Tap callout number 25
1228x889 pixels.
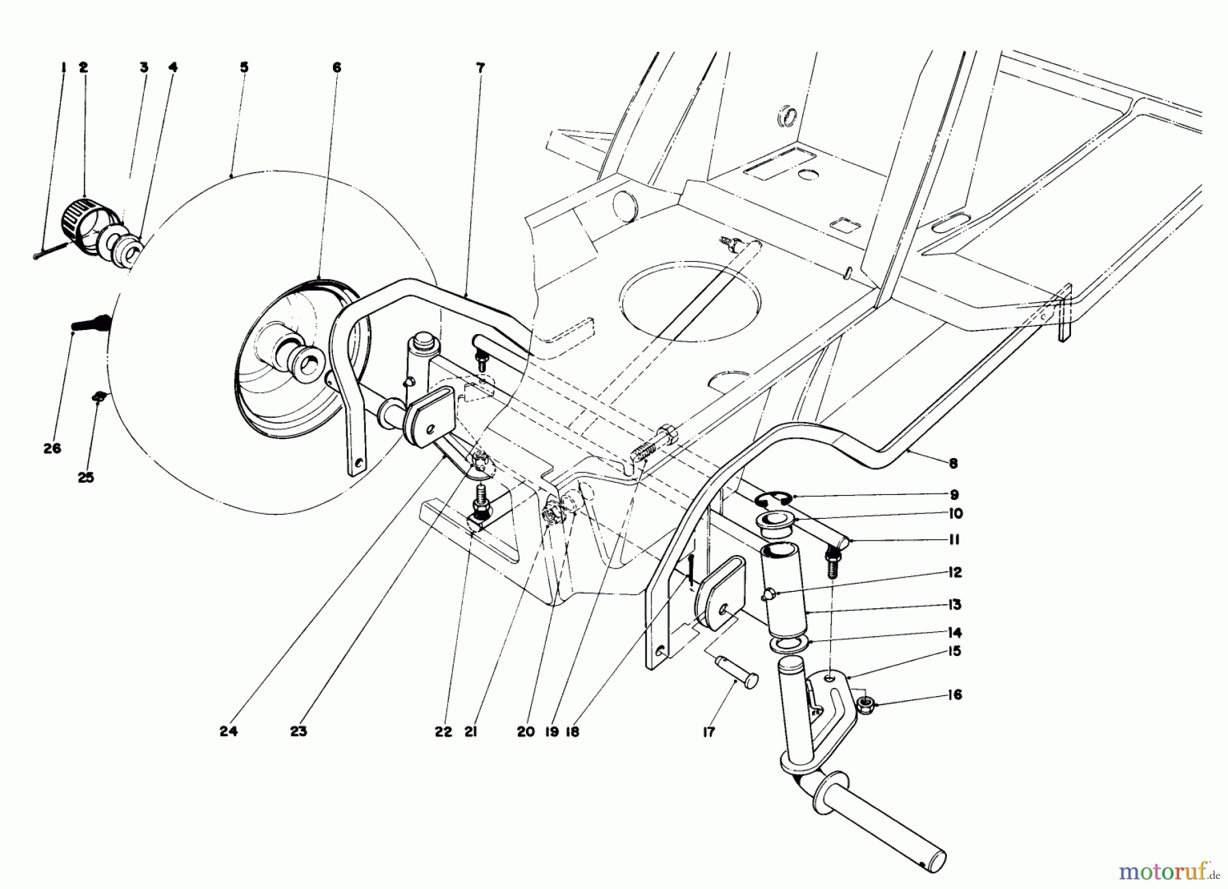pos(85,478)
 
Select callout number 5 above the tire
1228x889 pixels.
pos(244,67)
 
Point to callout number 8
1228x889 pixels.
pos(953,464)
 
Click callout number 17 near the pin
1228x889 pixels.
pos(709,732)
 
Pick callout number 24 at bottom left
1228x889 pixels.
pos(229,732)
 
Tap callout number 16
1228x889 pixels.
pos(954,695)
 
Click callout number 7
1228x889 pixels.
pos(480,67)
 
